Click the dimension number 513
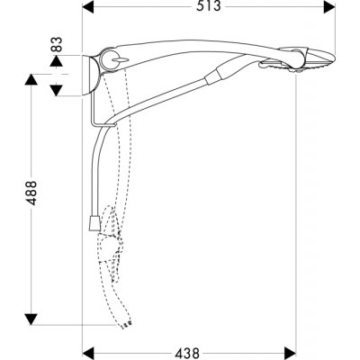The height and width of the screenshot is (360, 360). tap(209, 6)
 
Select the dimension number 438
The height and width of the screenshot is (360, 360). tap(186, 353)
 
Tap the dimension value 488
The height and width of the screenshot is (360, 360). tap(31, 193)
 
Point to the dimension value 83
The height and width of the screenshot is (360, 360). tap(57, 44)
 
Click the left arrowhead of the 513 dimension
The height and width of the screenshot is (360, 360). tap(88, 6)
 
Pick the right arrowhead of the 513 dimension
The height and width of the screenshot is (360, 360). tap(329, 6)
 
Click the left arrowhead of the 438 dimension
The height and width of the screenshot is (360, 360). tap(88, 353)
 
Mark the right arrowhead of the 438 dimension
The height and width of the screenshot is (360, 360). tap(290, 353)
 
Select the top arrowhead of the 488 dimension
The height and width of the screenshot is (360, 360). tap(31, 80)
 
